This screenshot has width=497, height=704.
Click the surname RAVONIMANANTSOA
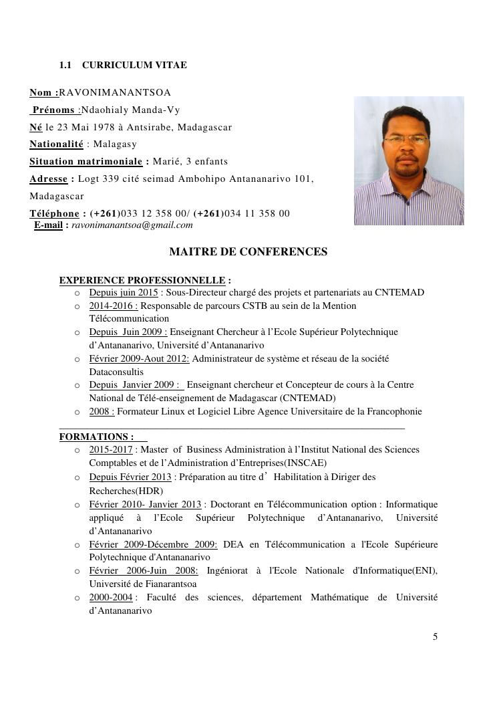click(116, 92)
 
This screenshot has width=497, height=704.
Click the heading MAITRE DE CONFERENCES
click(248, 252)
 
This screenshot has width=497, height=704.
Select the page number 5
click(435, 636)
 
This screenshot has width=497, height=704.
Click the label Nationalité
click(56, 144)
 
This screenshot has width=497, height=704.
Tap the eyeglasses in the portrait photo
click(407, 140)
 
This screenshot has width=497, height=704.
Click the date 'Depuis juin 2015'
click(124, 293)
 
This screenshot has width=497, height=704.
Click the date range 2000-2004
click(111, 597)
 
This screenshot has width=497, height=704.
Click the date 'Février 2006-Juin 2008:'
click(144, 570)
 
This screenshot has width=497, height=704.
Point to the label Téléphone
click(54, 213)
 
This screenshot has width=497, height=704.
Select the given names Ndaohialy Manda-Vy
click(130, 110)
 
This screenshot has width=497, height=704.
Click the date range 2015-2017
click(111, 450)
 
